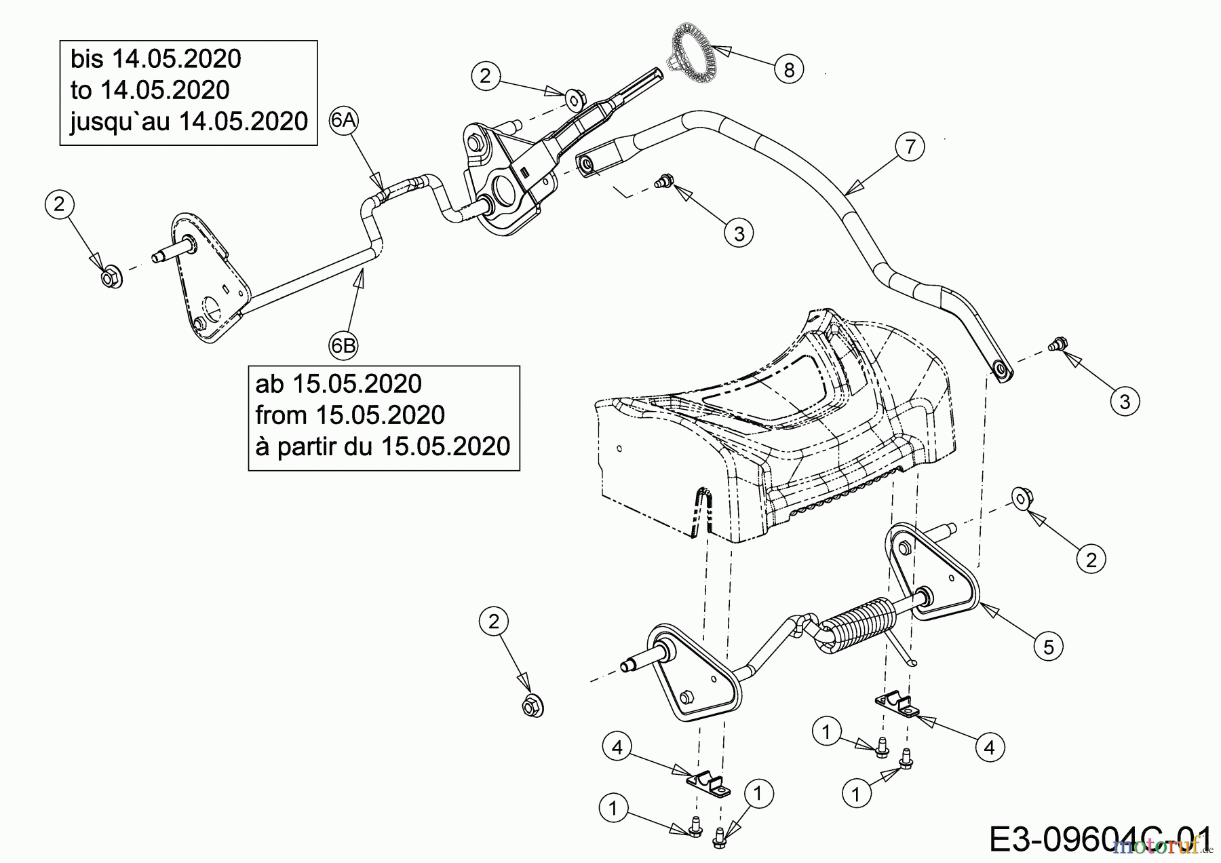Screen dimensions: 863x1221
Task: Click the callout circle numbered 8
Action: coord(788,69)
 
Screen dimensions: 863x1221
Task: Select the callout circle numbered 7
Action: coord(910,147)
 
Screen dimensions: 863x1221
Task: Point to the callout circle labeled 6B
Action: coord(343,346)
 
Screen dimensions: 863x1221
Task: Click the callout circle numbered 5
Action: coord(1048,647)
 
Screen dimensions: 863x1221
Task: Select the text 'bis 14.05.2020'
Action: coord(156,60)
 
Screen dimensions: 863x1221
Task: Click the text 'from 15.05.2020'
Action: coord(350,415)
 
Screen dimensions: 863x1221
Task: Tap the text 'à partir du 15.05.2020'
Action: coord(383,446)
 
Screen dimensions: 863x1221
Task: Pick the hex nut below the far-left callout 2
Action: coord(111,278)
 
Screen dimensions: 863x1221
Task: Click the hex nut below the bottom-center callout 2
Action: coord(532,706)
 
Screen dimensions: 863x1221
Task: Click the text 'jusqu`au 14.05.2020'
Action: coord(189,122)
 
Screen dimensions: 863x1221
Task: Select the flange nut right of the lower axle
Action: coord(1020,497)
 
